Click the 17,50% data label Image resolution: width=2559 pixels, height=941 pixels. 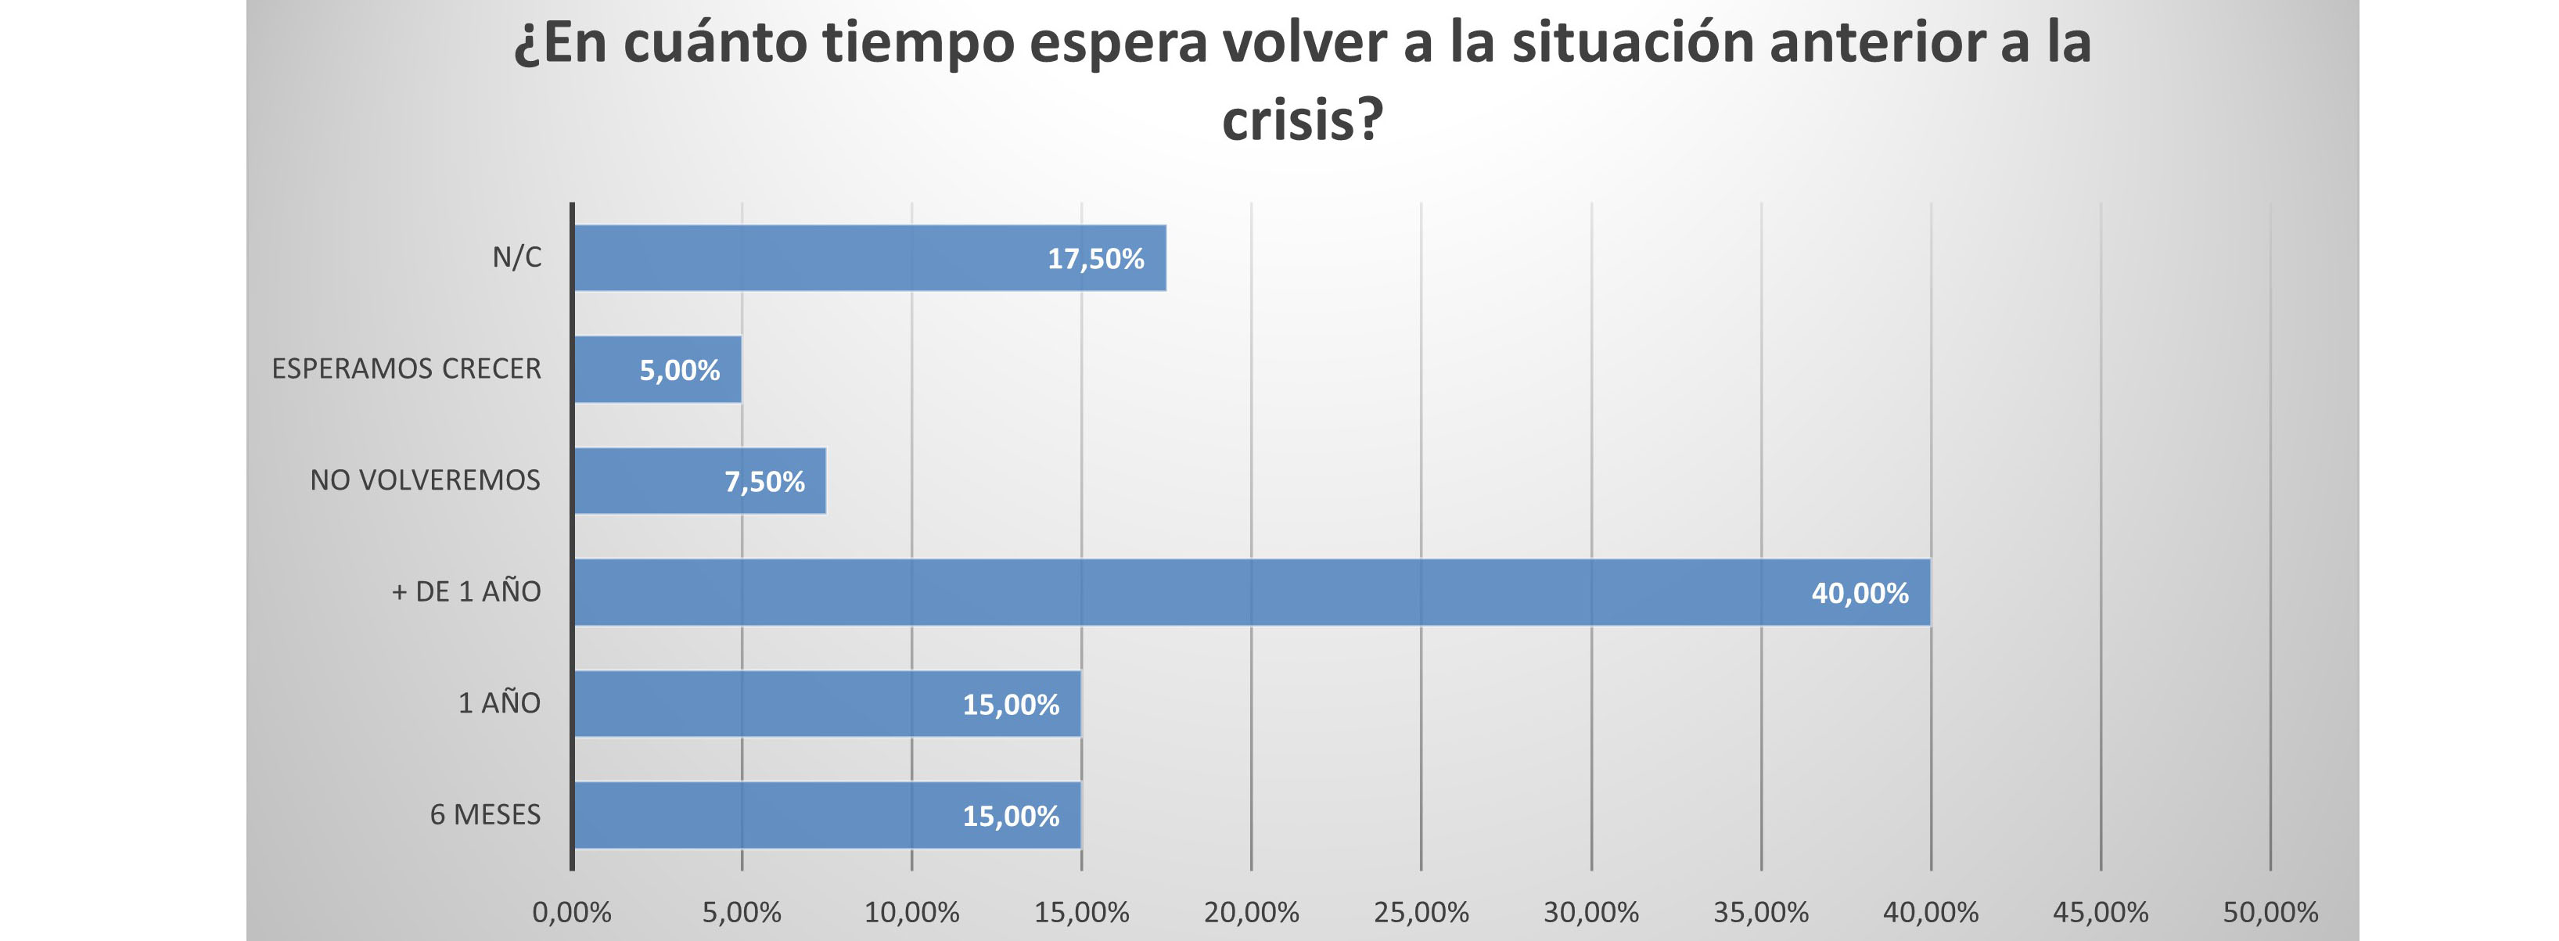click(1096, 260)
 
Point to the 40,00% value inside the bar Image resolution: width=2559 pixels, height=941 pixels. click(1860, 593)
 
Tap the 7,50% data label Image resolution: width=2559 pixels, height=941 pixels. click(764, 482)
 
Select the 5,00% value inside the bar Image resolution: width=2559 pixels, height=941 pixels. click(680, 371)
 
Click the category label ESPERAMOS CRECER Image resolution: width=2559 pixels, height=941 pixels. click(406, 368)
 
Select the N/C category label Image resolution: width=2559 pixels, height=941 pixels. click(516, 257)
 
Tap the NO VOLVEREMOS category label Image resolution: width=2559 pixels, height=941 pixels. click(425, 480)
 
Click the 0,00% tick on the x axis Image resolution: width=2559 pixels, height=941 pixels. click(571, 912)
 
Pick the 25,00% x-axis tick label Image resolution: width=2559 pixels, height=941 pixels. click(1421, 912)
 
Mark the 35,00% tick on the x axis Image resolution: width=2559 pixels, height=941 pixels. click(1760, 912)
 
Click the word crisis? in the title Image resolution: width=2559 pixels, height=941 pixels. click(1301, 121)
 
